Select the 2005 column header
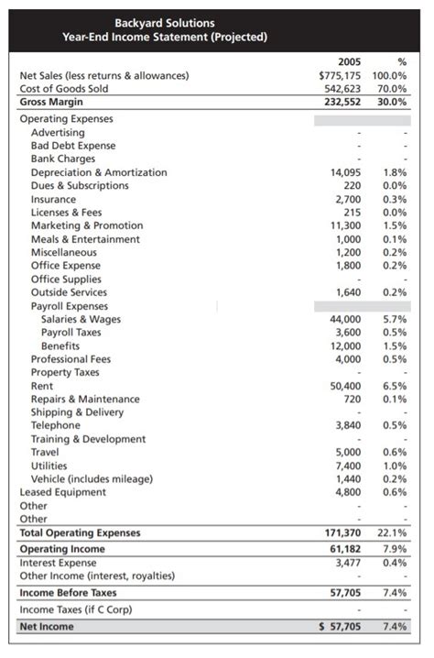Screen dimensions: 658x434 pyautogui.click(x=349, y=62)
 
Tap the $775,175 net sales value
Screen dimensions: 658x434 pyautogui.click(x=340, y=75)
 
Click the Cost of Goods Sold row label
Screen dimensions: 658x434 pyautogui.click(x=66, y=89)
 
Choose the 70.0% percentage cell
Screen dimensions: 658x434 pyautogui.click(x=392, y=89)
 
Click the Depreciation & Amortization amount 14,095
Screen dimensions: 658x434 pyautogui.click(x=345, y=172)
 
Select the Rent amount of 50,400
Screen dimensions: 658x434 pyautogui.click(x=345, y=387)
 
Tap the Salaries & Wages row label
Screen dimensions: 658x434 pyautogui.click(x=81, y=320)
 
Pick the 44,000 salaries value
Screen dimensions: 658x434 pyautogui.click(x=345, y=320)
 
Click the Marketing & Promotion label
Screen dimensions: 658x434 pyautogui.click(x=87, y=225)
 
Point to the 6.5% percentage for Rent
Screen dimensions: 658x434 pyautogui.click(x=396, y=387)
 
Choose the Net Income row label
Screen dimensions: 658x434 pyautogui.click(x=47, y=627)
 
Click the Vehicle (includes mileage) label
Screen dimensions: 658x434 pyautogui.click(x=92, y=479)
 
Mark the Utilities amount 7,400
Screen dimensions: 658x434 pyautogui.click(x=349, y=466)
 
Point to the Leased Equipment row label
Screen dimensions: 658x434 pyautogui.click(x=65, y=493)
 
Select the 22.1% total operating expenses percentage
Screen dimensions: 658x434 pyautogui.click(x=394, y=533)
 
